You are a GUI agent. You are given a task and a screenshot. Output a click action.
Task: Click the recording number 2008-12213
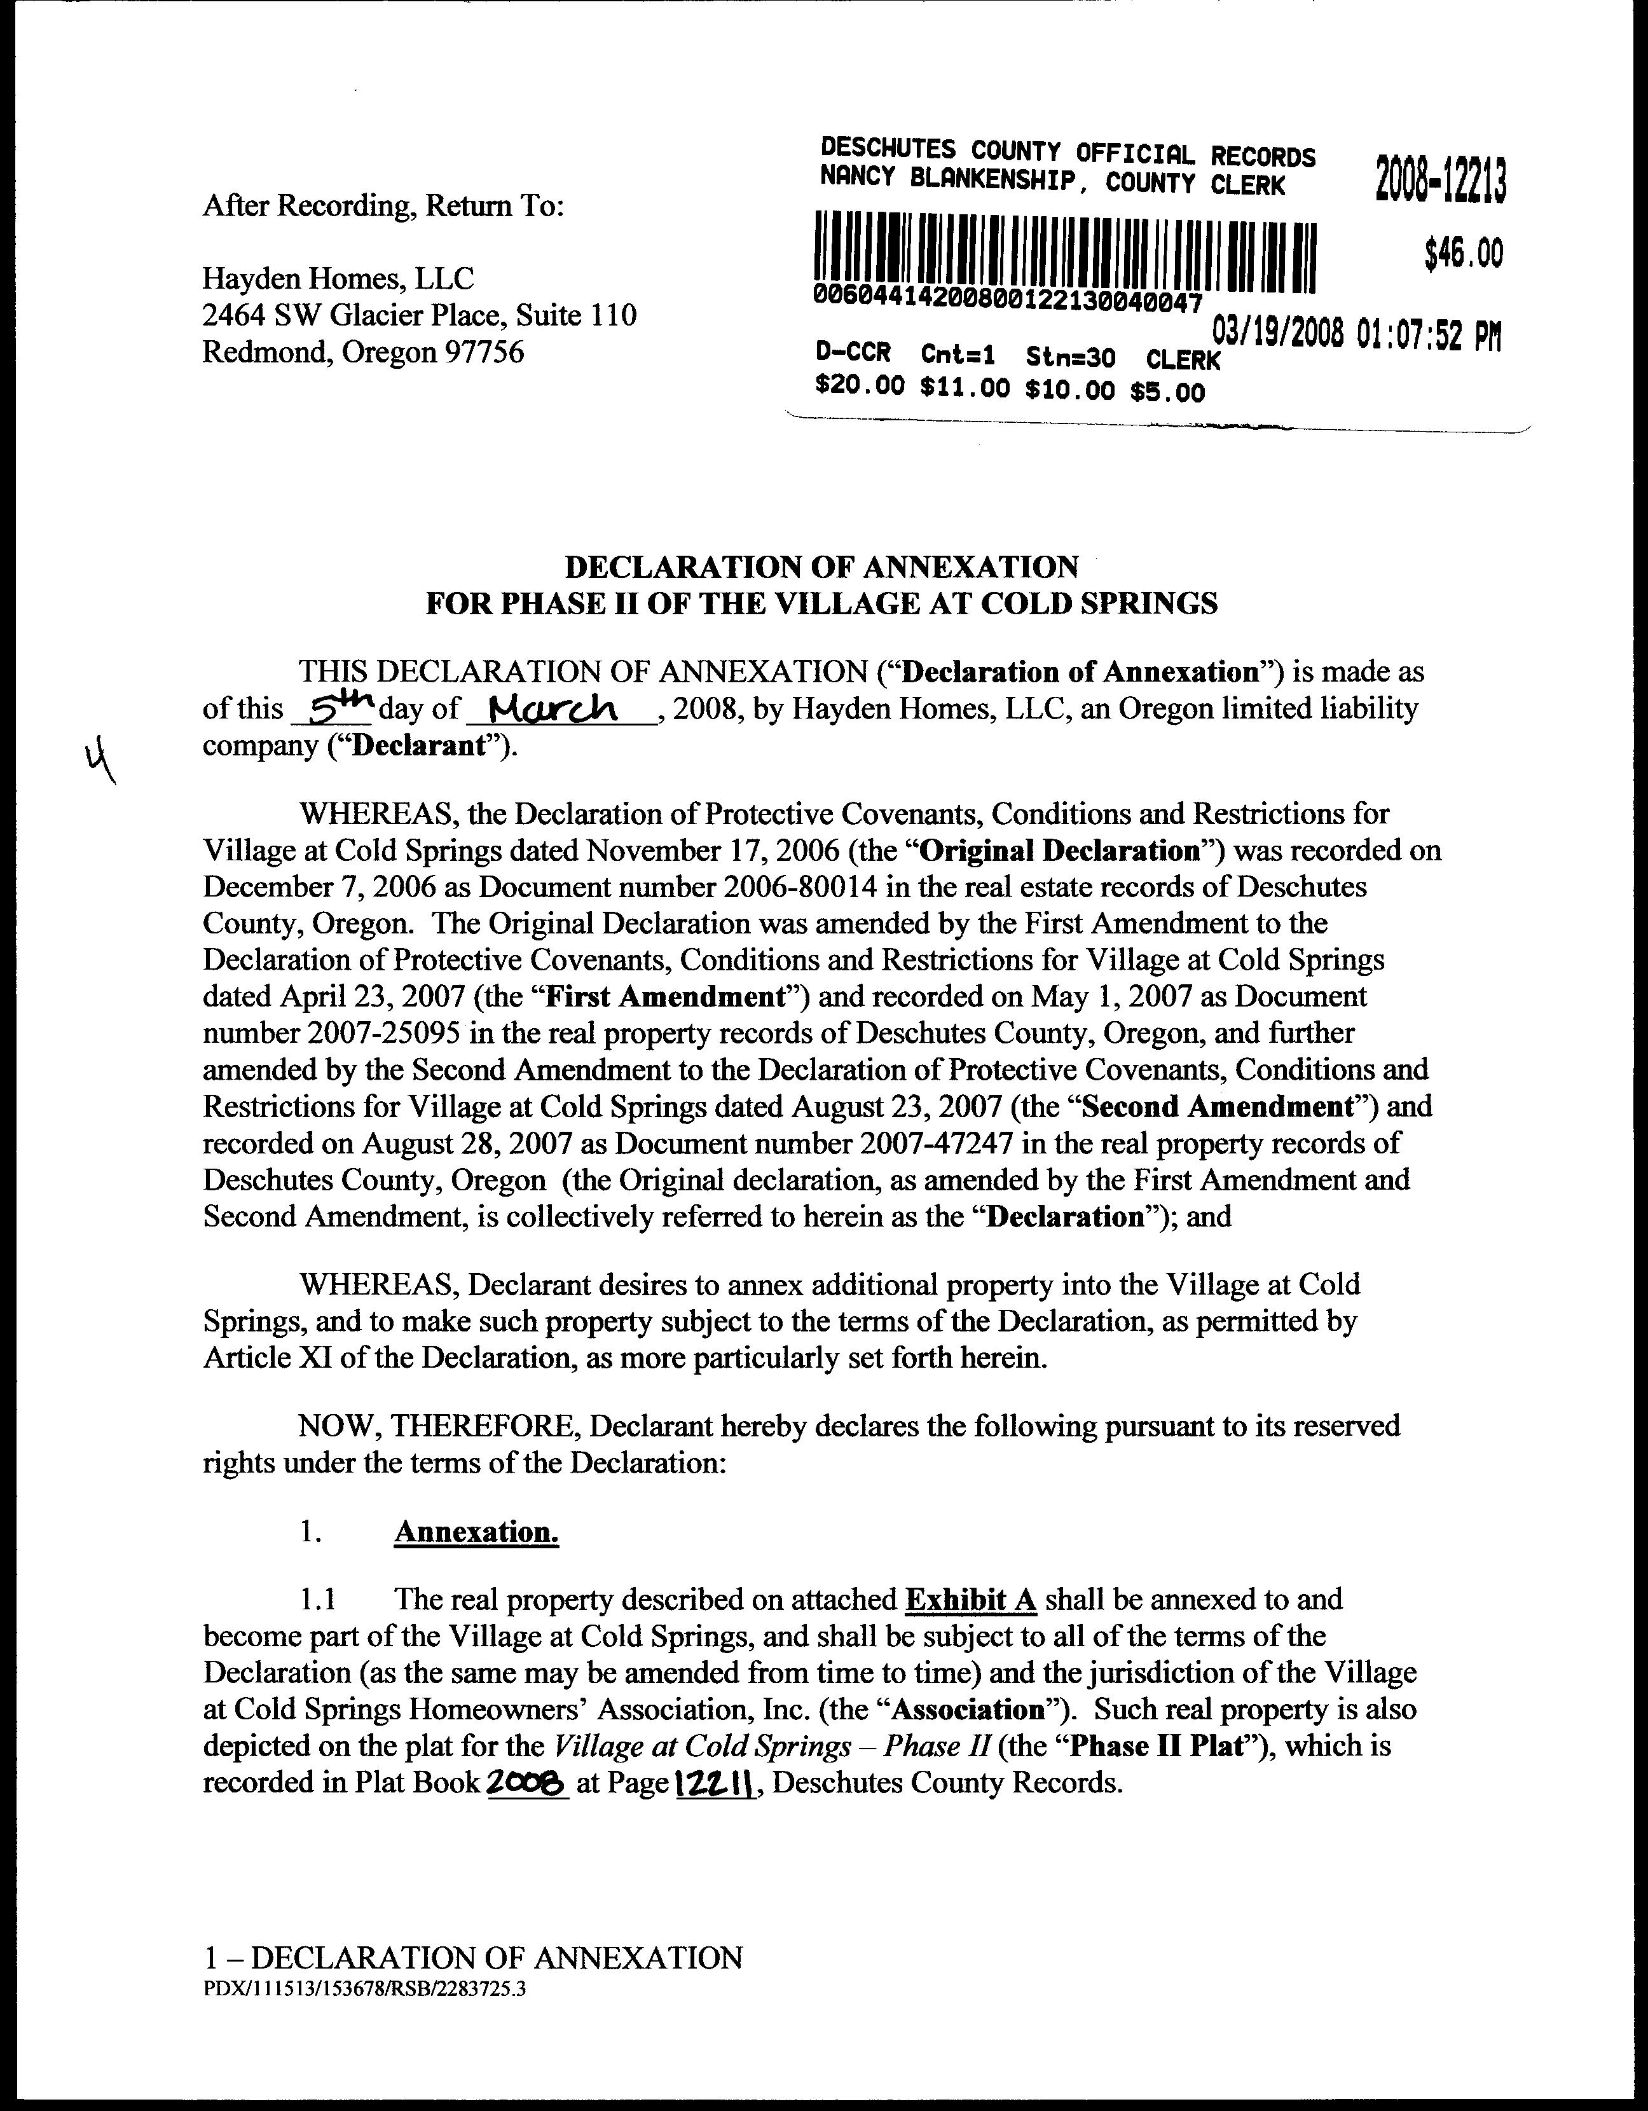coord(1440,180)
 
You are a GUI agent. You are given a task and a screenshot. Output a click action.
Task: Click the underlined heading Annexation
coord(476,1532)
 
